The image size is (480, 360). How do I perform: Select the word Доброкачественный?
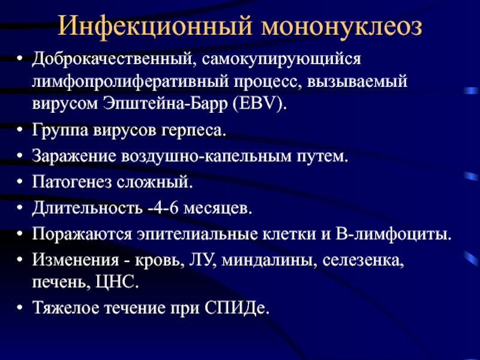click(112, 58)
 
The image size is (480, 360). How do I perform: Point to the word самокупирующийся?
click(281, 59)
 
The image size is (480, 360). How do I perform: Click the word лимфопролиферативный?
click(130, 82)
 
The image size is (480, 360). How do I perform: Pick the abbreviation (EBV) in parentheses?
click(260, 104)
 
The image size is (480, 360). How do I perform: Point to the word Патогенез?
click(72, 182)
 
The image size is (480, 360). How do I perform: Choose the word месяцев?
click(218, 208)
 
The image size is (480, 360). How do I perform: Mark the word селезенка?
click(364, 260)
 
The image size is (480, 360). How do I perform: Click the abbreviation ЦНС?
click(117, 282)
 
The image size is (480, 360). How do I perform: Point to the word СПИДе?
click(236, 308)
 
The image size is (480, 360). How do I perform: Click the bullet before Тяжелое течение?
click(20, 307)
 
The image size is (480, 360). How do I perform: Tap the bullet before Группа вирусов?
click(20, 130)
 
